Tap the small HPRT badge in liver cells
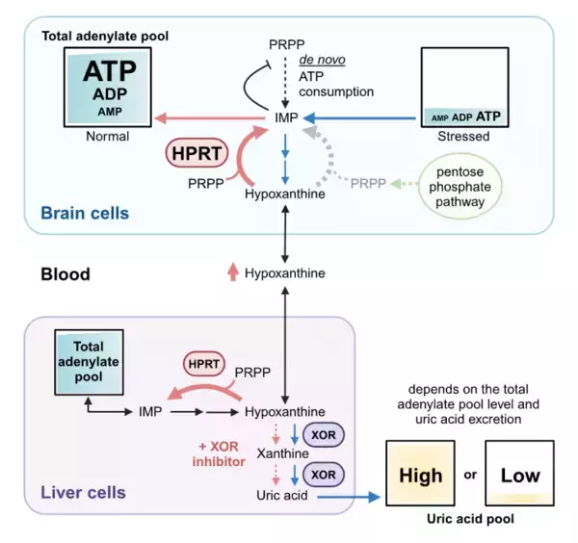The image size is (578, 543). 203,364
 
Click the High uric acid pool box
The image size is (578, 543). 421,475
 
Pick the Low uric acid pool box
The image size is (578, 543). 520,475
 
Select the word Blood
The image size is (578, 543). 65,274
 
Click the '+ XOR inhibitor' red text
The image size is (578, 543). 218,452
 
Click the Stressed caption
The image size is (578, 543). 463,137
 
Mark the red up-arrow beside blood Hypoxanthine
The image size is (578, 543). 231,273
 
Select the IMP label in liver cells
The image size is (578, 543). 149,411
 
